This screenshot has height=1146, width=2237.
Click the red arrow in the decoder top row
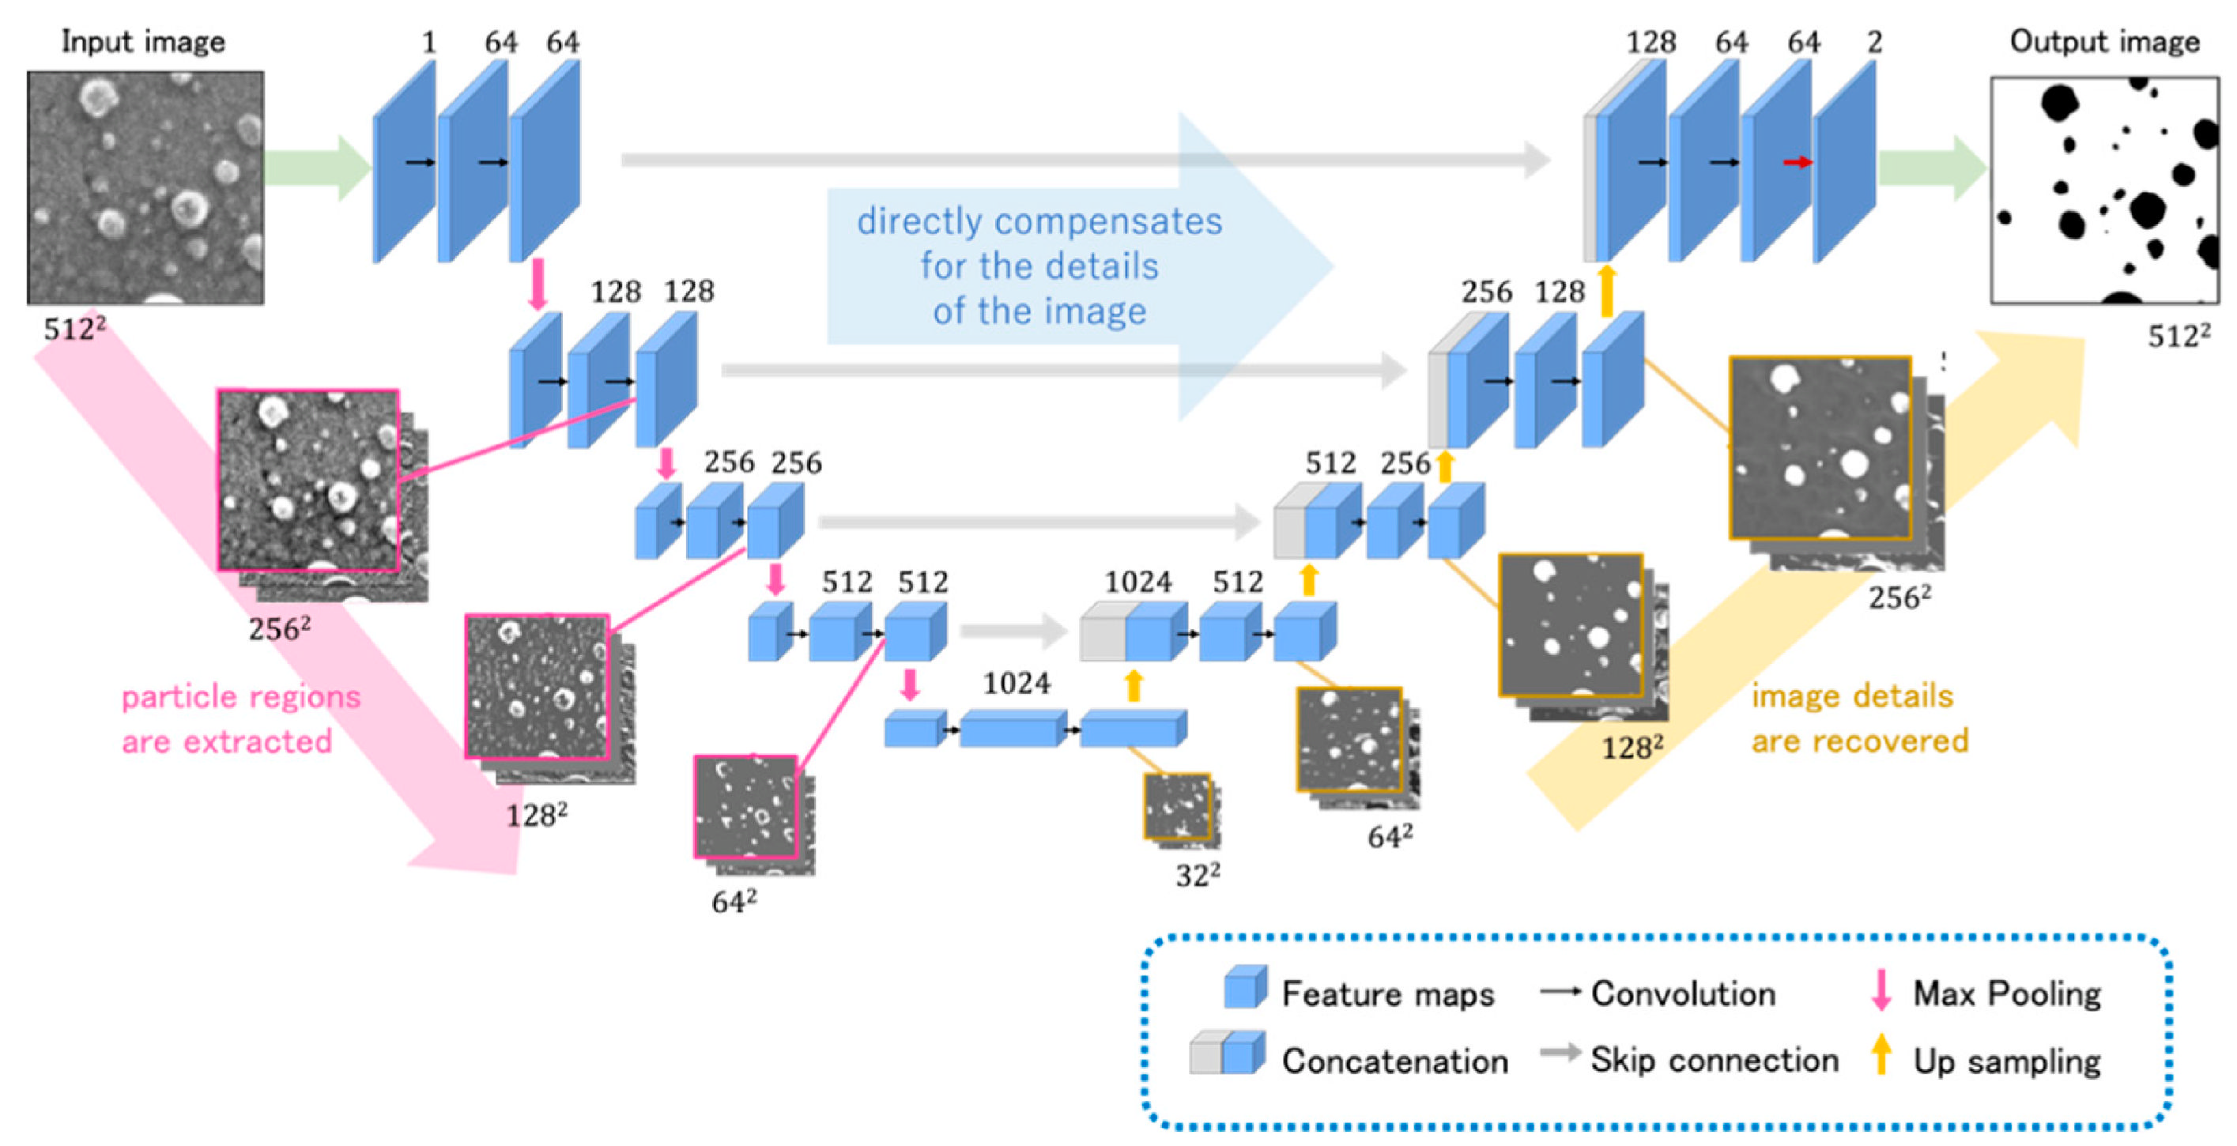(1797, 162)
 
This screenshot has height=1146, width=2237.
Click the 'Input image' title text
(143, 42)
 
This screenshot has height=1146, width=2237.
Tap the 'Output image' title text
(2104, 42)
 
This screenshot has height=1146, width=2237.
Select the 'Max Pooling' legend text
(2006, 993)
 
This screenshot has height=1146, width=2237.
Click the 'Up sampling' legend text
(2006, 1061)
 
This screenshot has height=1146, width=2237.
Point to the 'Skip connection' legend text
(1715, 1060)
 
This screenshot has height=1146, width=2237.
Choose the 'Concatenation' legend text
(1394, 1061)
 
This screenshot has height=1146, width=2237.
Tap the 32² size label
(1198, 875)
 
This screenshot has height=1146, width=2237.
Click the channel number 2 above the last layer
(1874, 42)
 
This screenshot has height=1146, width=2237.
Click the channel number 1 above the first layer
(428, 42)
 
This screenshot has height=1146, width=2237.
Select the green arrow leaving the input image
(317, 167)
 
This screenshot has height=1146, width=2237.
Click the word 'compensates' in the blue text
(1107, 221)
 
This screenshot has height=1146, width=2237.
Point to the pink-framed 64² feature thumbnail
(746, 806)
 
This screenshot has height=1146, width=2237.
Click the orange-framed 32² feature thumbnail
(1177, 806)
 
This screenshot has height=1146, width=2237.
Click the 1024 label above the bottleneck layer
(1016, 684)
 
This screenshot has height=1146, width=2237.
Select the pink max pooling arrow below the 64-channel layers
(538, 283)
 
